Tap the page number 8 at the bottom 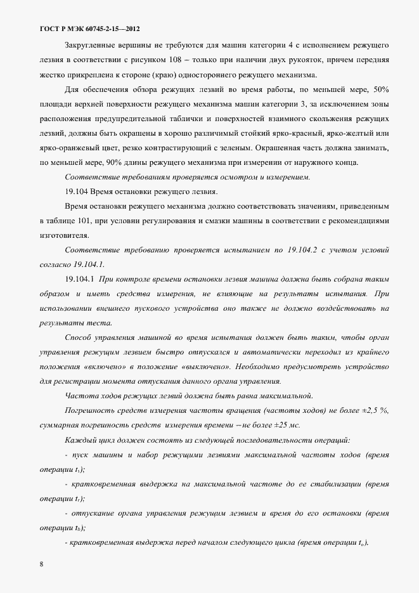pos(41,563)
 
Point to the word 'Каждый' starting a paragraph pos(79,440)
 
